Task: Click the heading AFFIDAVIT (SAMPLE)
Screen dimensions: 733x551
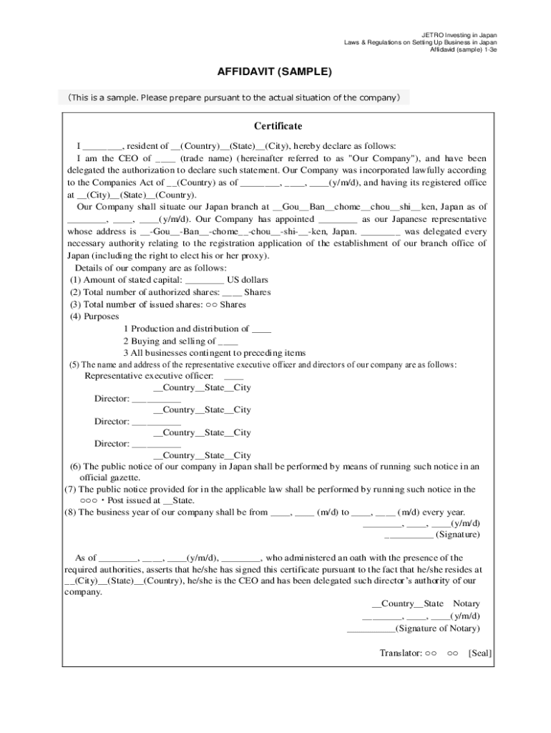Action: pos(275,72)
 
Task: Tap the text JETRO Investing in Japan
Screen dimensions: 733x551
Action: pos(459,34)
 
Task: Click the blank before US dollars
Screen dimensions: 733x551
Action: pos(204,280)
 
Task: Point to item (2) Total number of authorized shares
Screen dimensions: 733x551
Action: pos(170,292)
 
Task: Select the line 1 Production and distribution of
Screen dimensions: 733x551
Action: pos(197,329)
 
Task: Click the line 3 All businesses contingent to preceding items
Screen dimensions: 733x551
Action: pos(214,353)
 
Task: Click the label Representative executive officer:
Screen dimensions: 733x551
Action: pos(149,376)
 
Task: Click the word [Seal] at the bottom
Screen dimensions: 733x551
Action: pos(480,653)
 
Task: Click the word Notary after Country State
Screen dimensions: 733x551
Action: pos(467,604)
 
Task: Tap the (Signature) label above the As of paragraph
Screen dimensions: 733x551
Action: pos(457,534)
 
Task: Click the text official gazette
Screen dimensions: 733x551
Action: pos(109,477)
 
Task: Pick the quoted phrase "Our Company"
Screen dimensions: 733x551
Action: pos(379,158)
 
